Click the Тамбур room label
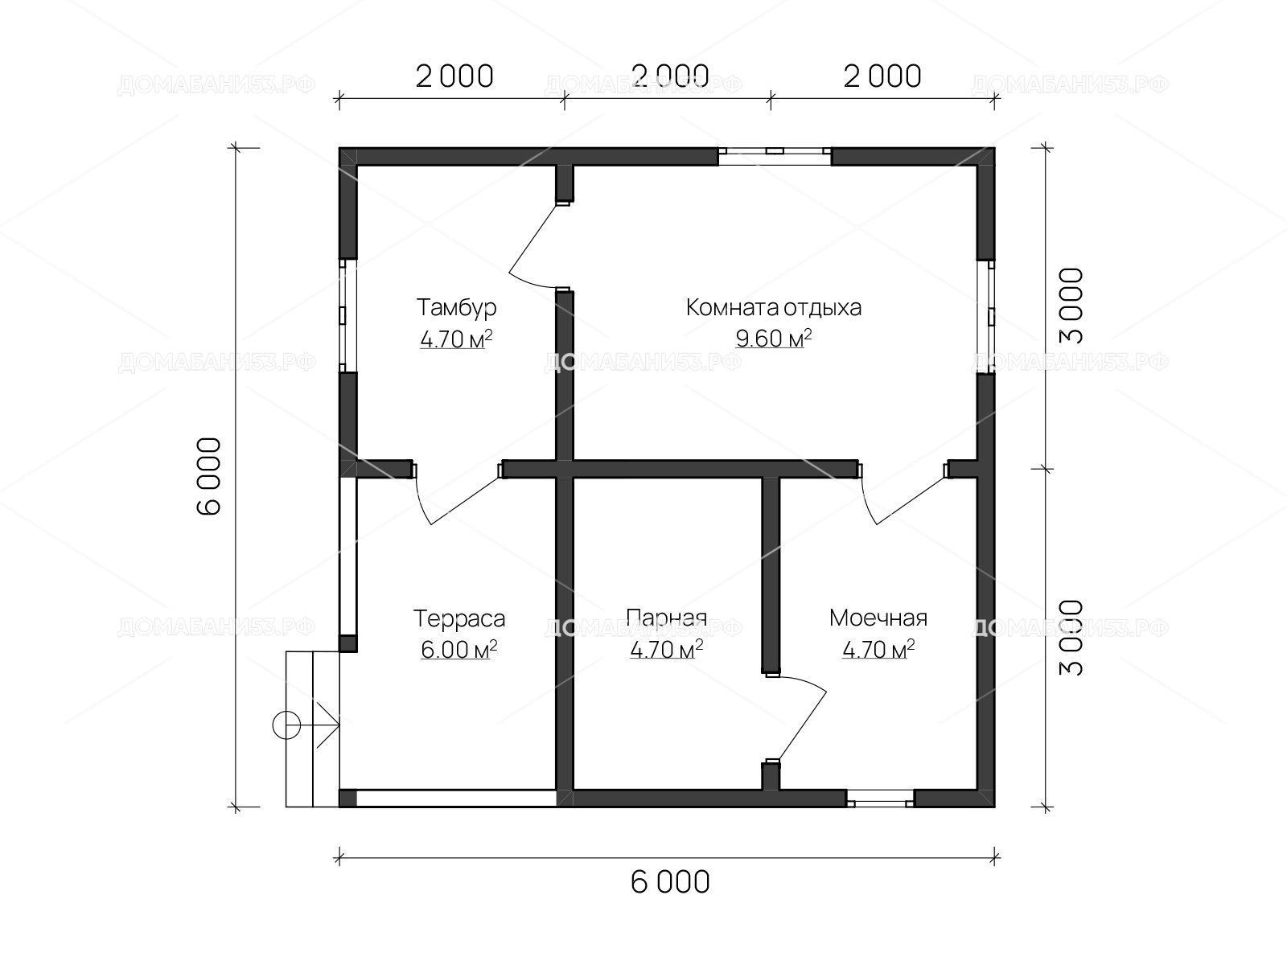456,308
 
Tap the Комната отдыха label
773,308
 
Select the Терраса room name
459,618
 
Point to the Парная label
666,618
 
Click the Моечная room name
878,618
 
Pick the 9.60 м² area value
774,339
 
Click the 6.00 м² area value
459,650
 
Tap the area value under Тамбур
456,339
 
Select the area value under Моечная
878,649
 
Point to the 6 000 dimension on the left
209,476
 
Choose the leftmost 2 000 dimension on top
454,76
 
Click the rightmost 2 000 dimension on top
882,76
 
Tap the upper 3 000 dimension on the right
1071,306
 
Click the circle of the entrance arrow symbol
286,725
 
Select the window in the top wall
775,157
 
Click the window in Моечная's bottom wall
880,798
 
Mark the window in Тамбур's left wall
348,315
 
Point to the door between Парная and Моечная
796,718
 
